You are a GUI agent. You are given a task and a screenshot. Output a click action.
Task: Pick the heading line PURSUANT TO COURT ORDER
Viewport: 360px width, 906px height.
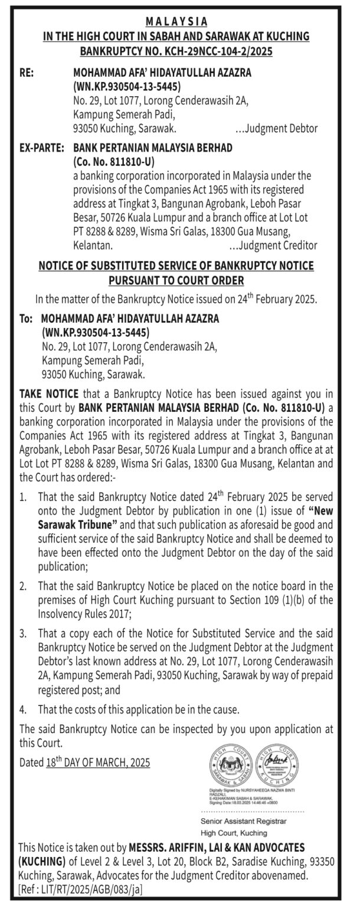[176, 281]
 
